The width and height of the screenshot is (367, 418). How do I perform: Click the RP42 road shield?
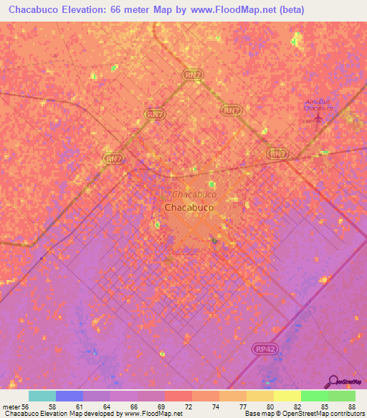click(x=264, y=348)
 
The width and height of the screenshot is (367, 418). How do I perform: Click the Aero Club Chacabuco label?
click(x=319, y=105)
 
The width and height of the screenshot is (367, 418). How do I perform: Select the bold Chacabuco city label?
click(x=189, y=208)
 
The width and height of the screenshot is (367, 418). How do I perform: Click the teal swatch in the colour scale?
click(x=42, y=396)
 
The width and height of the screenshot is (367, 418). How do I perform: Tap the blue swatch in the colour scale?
click(x=70, y=396)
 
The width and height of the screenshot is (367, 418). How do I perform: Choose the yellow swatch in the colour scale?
click(x=287, y=396)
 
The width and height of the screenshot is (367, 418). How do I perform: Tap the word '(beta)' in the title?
click(x=292, y=10)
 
